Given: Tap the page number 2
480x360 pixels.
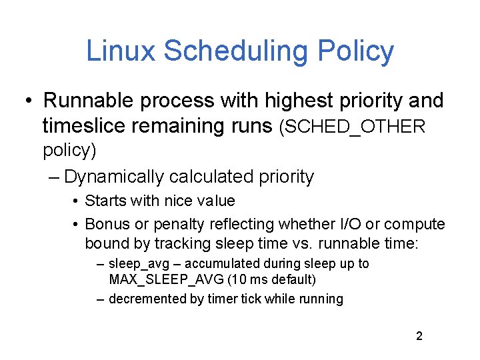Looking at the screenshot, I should [x=419, y=336].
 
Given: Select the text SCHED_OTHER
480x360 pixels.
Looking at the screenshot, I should [x=353, y=126].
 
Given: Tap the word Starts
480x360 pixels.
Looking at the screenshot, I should [x=103, y=201].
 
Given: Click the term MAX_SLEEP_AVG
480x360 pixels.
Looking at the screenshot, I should [x=161, y=279].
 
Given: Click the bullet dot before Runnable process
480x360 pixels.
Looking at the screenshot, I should [x=29, y=101].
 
